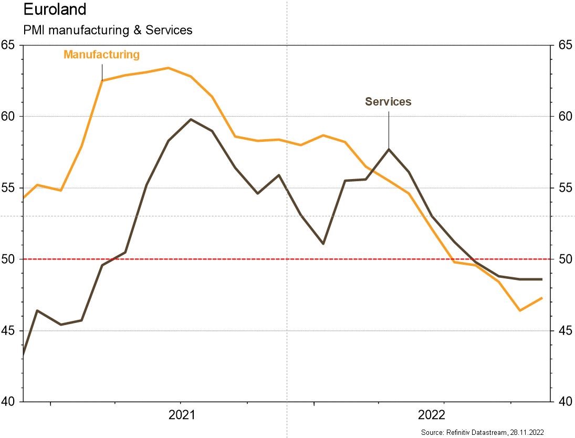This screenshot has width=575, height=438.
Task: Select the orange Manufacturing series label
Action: [101, 55]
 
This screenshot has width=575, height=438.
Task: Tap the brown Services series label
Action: [388, 102]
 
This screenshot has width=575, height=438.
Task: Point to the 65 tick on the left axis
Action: [8, 45]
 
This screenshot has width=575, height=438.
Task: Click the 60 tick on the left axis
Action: [8, 117]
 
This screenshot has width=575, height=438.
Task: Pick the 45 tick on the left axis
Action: [8, 331]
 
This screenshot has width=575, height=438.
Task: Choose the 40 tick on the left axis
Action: [8, 402]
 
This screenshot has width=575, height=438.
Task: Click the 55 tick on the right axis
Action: [564, 188]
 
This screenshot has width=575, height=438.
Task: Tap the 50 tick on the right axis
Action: [564, 259]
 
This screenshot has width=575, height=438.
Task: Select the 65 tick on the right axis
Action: [564, 45]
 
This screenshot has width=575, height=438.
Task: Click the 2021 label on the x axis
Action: [182, 415]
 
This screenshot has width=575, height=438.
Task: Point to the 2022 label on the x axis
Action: [432, 415]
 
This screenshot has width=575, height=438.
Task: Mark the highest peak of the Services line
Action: [190, 119]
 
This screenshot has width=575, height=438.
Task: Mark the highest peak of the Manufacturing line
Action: [168, 68]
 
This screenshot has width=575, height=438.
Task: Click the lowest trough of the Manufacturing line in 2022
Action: [520, 310]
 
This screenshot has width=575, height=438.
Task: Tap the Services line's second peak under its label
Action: [389, 149]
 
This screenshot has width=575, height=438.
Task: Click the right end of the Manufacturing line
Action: [541, 298]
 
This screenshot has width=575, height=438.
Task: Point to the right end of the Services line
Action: [541, 279]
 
